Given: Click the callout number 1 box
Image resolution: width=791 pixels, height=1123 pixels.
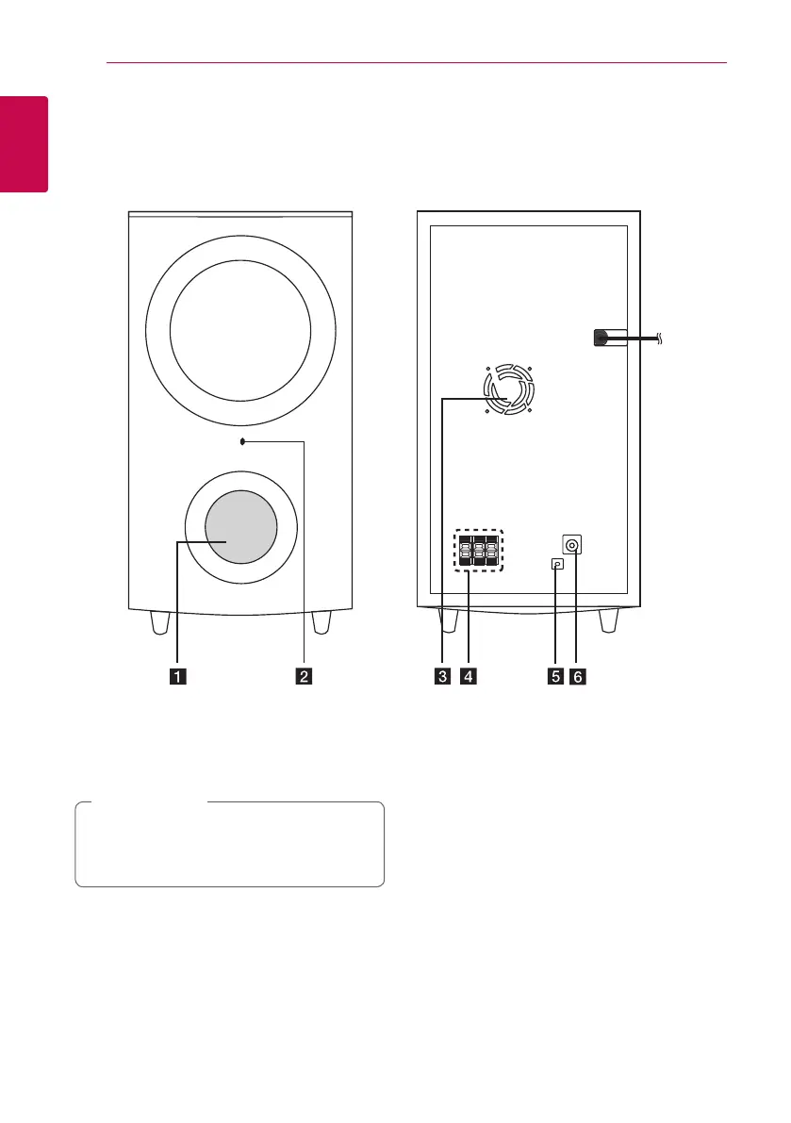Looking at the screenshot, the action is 177,676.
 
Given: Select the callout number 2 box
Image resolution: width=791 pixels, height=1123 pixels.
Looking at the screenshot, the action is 304,676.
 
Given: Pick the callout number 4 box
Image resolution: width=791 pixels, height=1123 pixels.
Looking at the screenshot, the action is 468,676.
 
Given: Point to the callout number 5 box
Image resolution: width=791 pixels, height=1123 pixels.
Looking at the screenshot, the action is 556,676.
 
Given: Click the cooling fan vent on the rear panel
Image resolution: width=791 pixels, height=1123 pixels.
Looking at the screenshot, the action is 508,390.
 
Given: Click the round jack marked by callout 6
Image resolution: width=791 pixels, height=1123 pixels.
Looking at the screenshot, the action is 572,545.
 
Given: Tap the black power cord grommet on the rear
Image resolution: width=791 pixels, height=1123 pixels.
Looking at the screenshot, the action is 601,339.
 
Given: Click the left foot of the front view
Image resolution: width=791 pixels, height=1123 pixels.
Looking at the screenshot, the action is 159,622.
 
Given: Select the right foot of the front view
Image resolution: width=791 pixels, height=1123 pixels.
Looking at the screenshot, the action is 321,622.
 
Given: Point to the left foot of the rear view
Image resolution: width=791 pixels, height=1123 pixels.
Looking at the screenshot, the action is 448,622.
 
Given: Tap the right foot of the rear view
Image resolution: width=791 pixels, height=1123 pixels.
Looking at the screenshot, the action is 609,622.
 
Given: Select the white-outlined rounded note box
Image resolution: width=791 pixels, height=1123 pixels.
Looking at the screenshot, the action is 229,844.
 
